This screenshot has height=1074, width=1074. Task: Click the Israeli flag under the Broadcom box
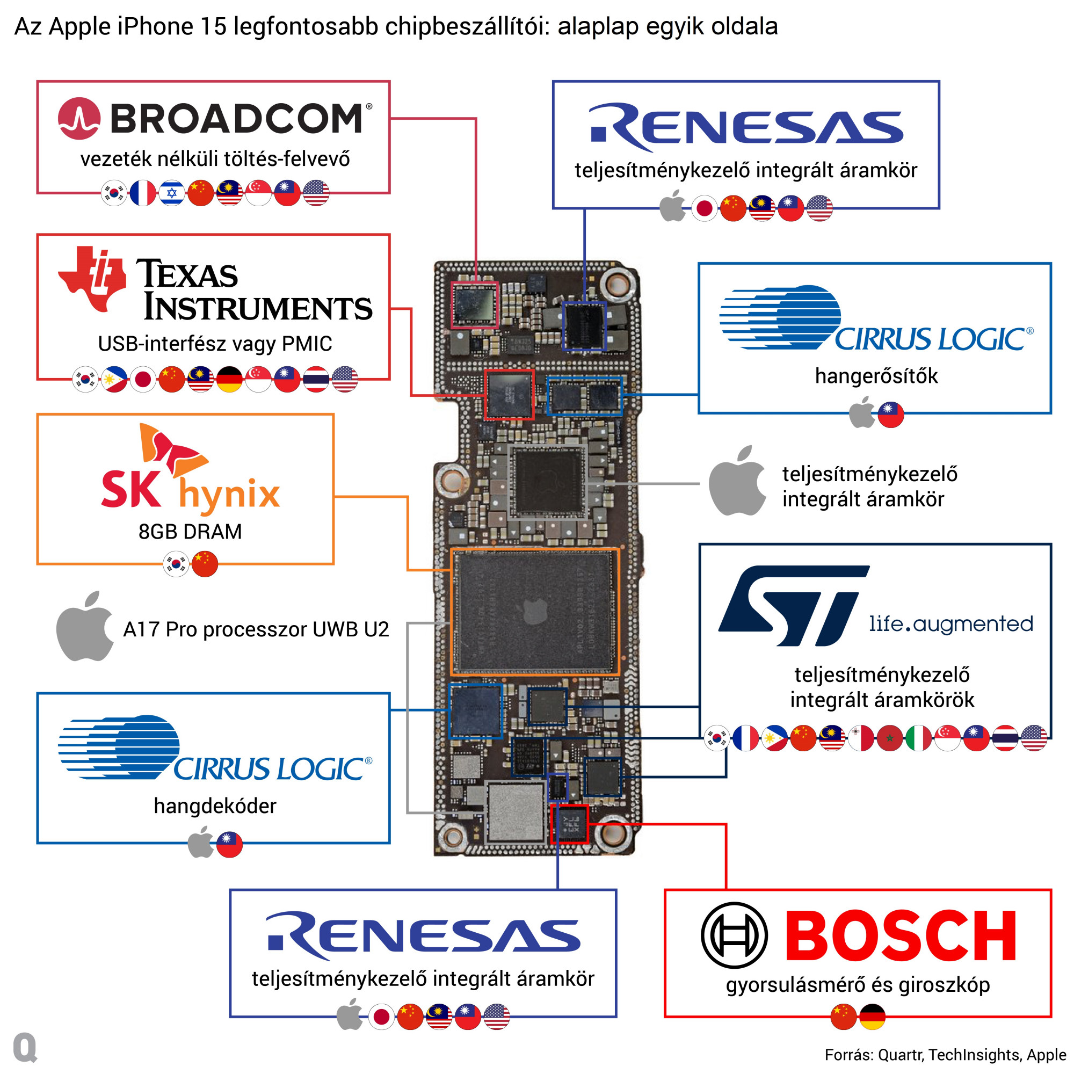click(171, 193)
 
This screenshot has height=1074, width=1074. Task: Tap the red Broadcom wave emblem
click(79, 118)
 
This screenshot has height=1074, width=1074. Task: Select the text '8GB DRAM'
click(190, 532)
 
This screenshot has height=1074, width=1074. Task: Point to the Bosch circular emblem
click(734, 935)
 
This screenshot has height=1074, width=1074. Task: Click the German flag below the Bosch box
click(872, 1017)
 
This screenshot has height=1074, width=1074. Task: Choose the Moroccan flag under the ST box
click(889, 738)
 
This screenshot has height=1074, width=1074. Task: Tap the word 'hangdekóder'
click(215, 806)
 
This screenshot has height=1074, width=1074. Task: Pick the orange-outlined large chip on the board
click(534, 612)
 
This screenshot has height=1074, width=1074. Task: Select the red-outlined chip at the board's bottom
click(569, 824)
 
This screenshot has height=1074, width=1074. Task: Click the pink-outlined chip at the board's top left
click(474, 305)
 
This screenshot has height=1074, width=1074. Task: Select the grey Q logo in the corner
click(25, 1047)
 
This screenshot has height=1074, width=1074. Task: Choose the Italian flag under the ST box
click(918, 738)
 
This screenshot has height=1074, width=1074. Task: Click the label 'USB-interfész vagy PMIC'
click(215, 344)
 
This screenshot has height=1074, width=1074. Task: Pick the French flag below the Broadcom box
click(142, 193)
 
